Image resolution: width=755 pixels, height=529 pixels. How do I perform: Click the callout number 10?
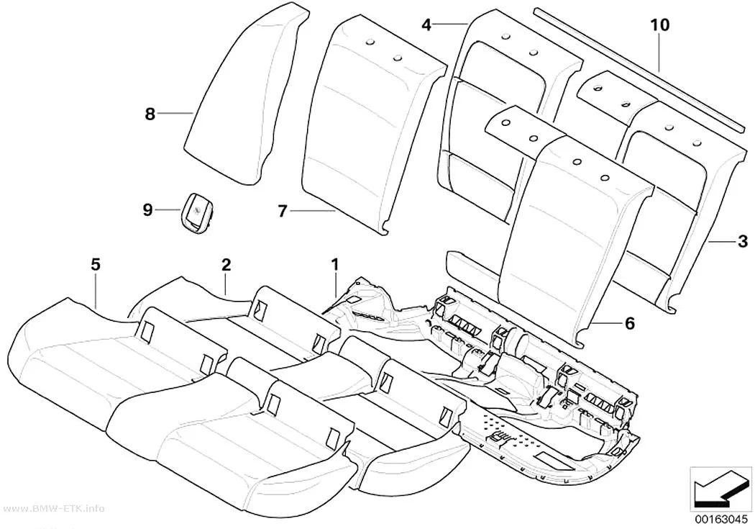coord(660,25)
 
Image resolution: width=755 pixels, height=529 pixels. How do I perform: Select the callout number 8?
coord(150,114)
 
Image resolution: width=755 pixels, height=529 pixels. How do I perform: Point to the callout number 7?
coord(283,211)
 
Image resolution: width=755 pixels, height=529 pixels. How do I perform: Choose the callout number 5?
coord(96,264)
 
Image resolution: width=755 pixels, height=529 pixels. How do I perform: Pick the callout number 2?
coord(226,264)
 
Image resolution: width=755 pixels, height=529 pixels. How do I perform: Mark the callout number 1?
coord(334,264)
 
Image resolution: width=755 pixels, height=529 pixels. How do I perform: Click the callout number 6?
coord(630,322)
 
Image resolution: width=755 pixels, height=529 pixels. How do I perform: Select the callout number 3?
coord(743,240)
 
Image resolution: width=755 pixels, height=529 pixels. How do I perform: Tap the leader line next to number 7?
coord(313,211)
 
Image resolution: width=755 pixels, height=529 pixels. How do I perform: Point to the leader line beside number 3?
coord(722,240)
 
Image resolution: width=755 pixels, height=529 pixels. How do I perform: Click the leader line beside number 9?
coord(168,209)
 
